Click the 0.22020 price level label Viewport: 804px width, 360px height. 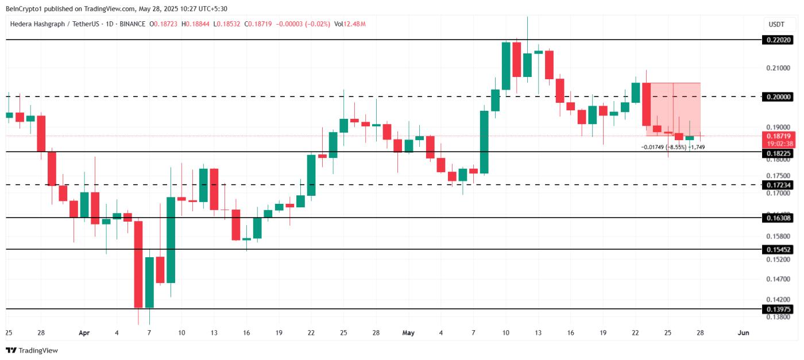(x=778, y=40)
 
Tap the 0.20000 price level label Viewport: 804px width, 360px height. (x=778, y=96)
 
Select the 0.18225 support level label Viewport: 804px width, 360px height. (x=778, y=154)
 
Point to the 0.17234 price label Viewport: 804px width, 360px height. (x=778, y=185)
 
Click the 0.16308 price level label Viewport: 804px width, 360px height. (x=778, y=218)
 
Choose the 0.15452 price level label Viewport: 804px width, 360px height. (x=778, y=250)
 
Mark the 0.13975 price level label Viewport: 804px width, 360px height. (x=778, y=309)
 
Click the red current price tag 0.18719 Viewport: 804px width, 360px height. (x=778, y=136)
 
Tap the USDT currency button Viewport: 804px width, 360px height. (x=776, y=25)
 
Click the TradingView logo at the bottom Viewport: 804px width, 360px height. (x=32, y=350)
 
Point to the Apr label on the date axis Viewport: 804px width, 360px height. (x=84, y=332)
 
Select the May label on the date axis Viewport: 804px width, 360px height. (x=408, y=332)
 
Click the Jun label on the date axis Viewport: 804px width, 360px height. (x=743, y=332)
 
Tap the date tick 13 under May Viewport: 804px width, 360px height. (x=538, y=332)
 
